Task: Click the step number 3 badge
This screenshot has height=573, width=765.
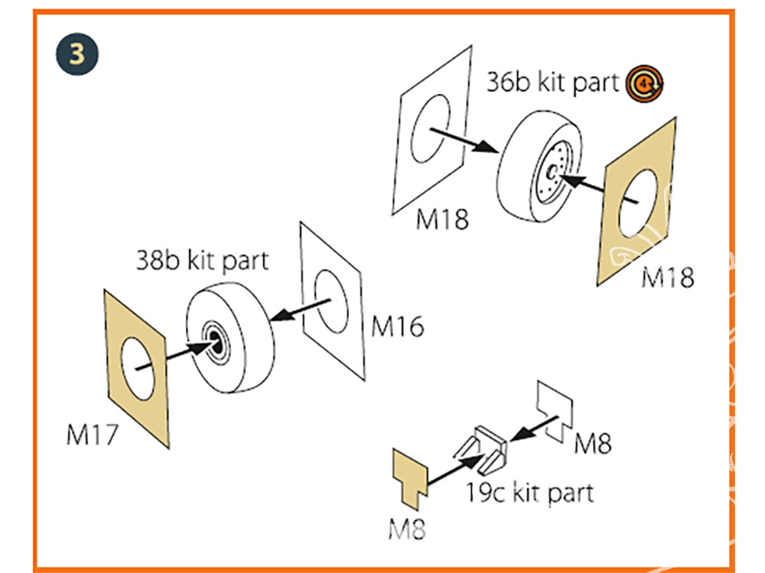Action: (76, 55)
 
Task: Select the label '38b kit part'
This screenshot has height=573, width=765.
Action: (203, 261)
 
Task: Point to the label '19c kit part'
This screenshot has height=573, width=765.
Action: (530, 492)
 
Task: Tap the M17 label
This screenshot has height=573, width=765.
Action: (93, 435)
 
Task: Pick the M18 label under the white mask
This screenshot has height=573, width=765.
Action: (441, 220)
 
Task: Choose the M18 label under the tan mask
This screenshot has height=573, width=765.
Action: (668, 277)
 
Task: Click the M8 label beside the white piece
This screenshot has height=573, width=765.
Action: (593, 442)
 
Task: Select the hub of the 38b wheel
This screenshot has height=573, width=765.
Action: (216, 344)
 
